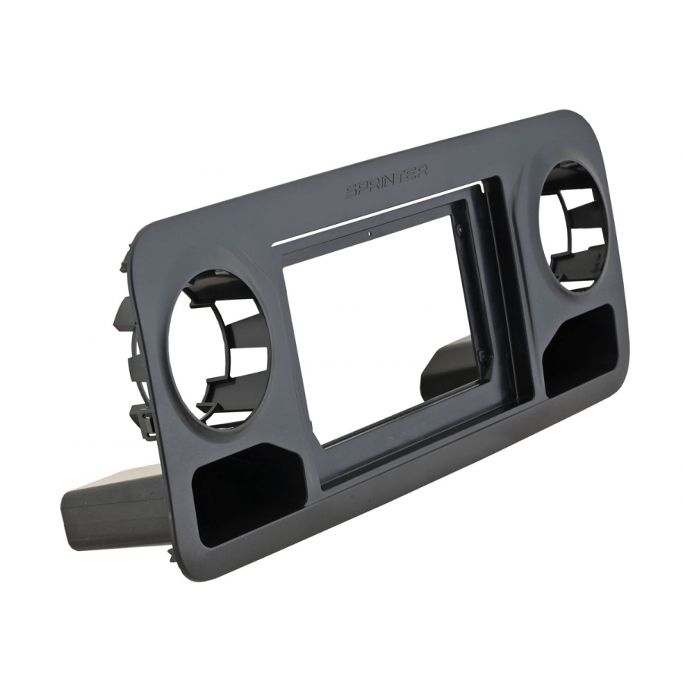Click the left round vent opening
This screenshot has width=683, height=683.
[x=219, y=351]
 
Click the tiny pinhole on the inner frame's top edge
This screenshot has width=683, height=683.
[x=370, y=234]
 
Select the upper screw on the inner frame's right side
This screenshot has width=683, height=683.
[x=460, y=226]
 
